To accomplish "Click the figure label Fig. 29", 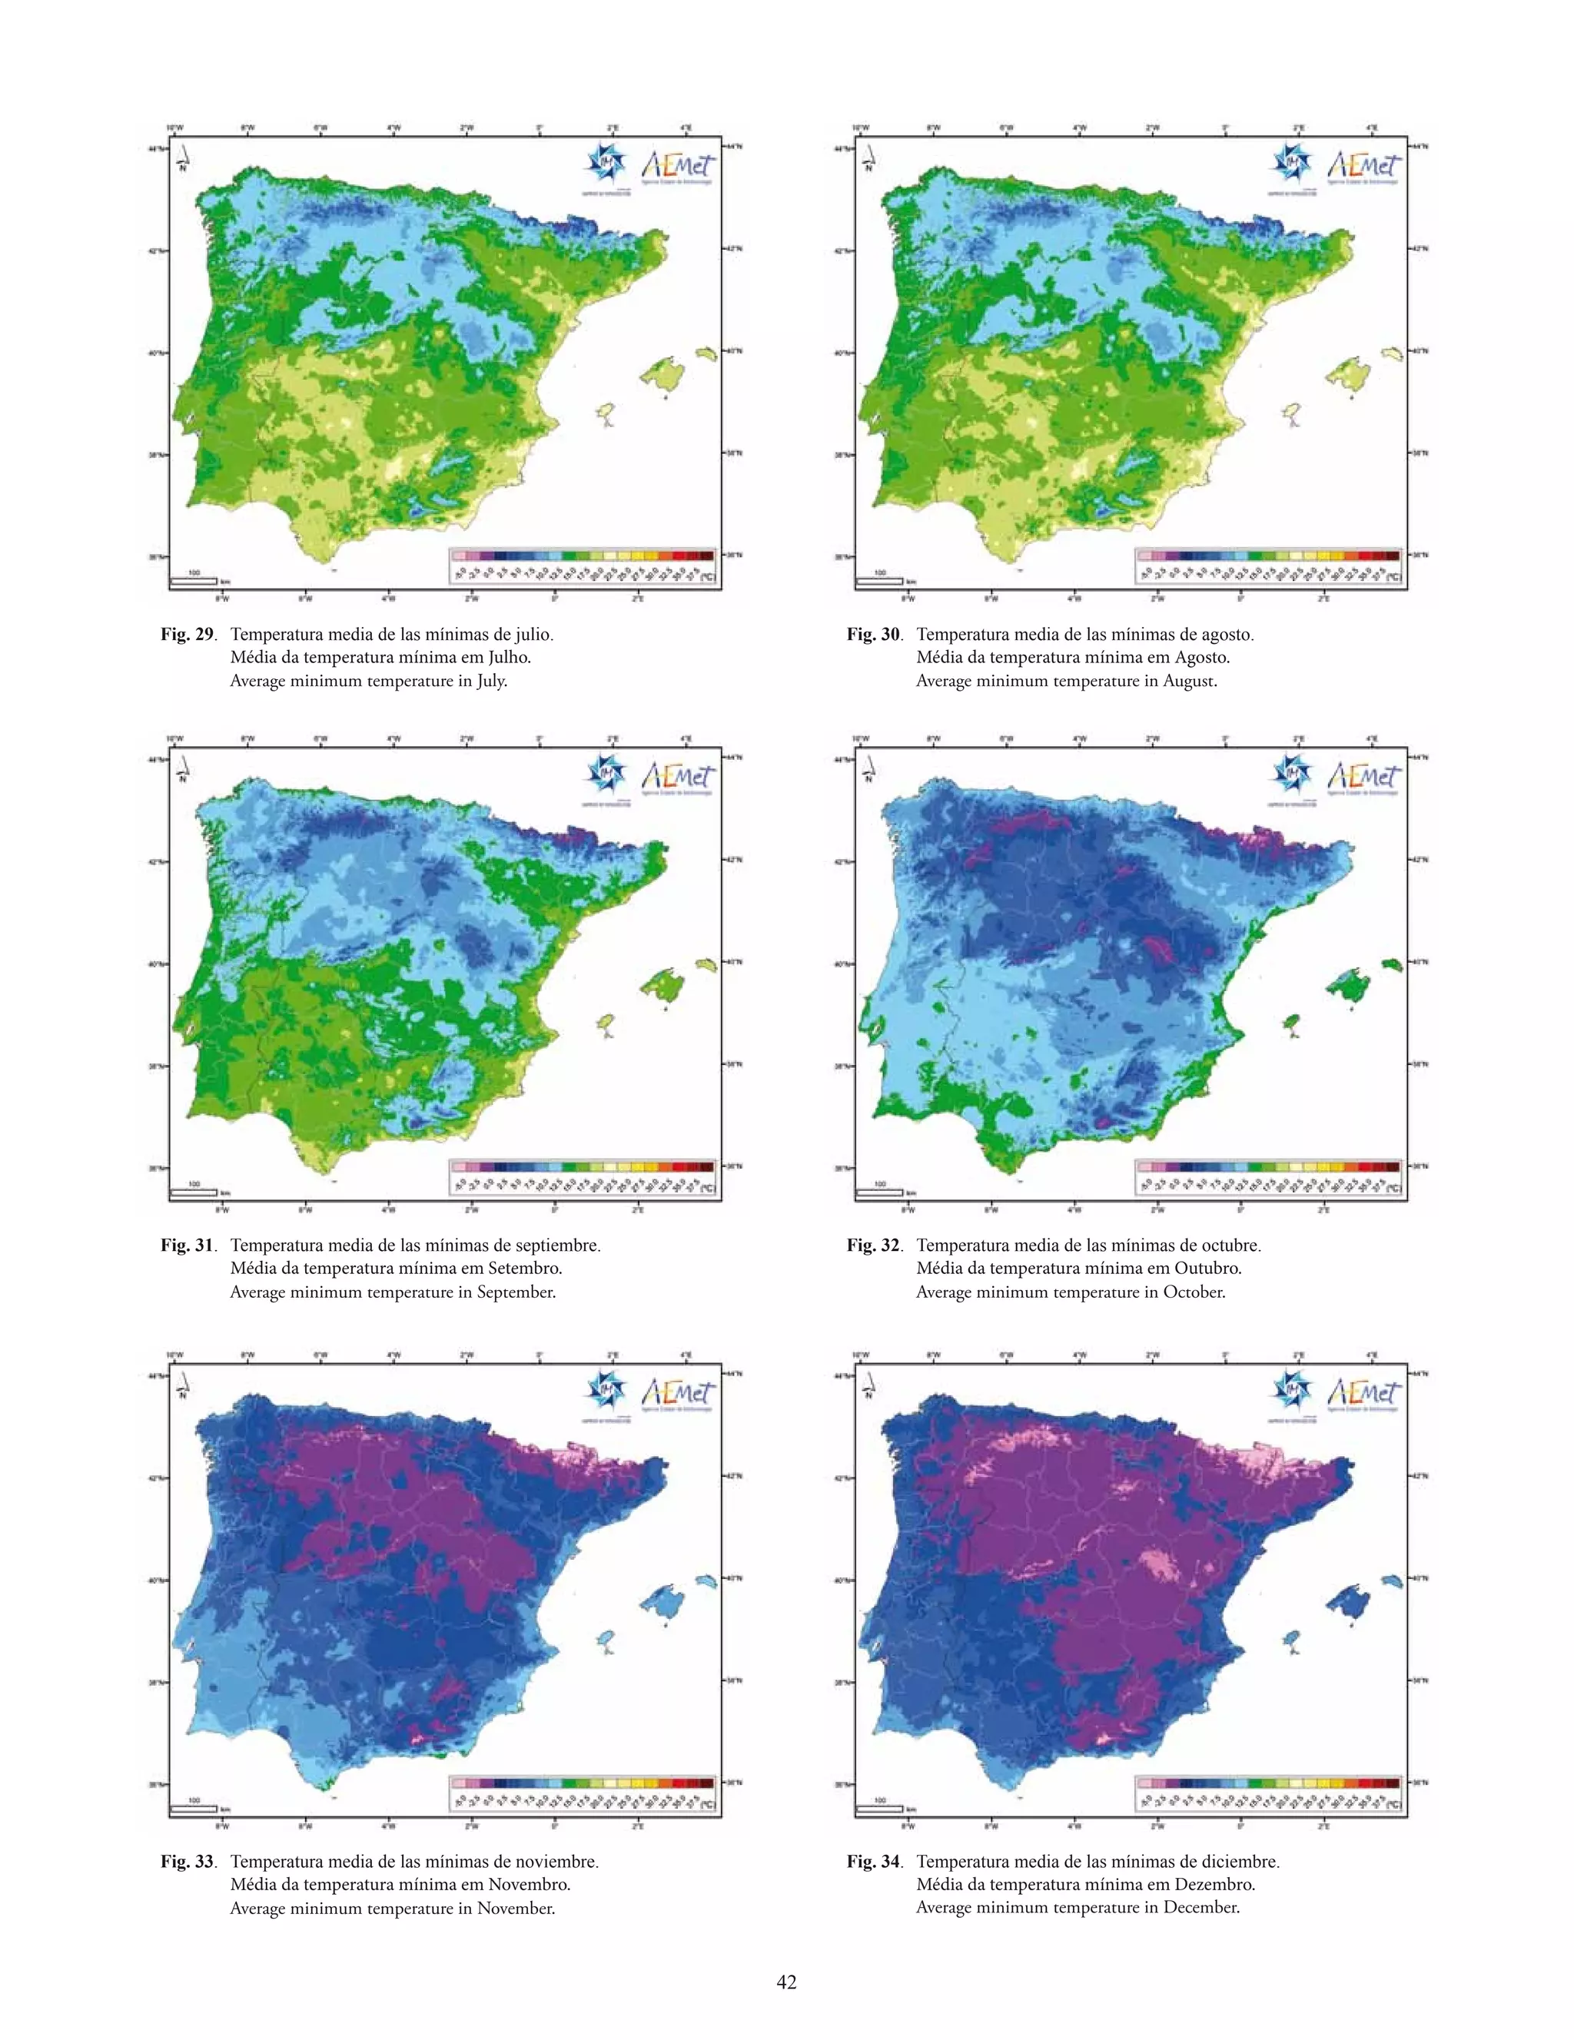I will coord(187,634).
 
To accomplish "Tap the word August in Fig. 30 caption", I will coord(1188,681).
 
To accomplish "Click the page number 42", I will coord(786,1982).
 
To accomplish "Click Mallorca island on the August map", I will coord(1353,374).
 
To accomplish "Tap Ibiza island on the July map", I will coord(607,414).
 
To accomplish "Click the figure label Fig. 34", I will coord(872,1862).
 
